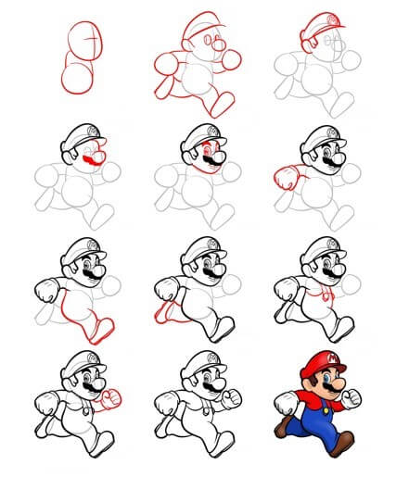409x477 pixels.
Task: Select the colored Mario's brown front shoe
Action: [x=341, y=445]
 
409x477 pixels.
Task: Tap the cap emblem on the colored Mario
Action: [x=319, y=356]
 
